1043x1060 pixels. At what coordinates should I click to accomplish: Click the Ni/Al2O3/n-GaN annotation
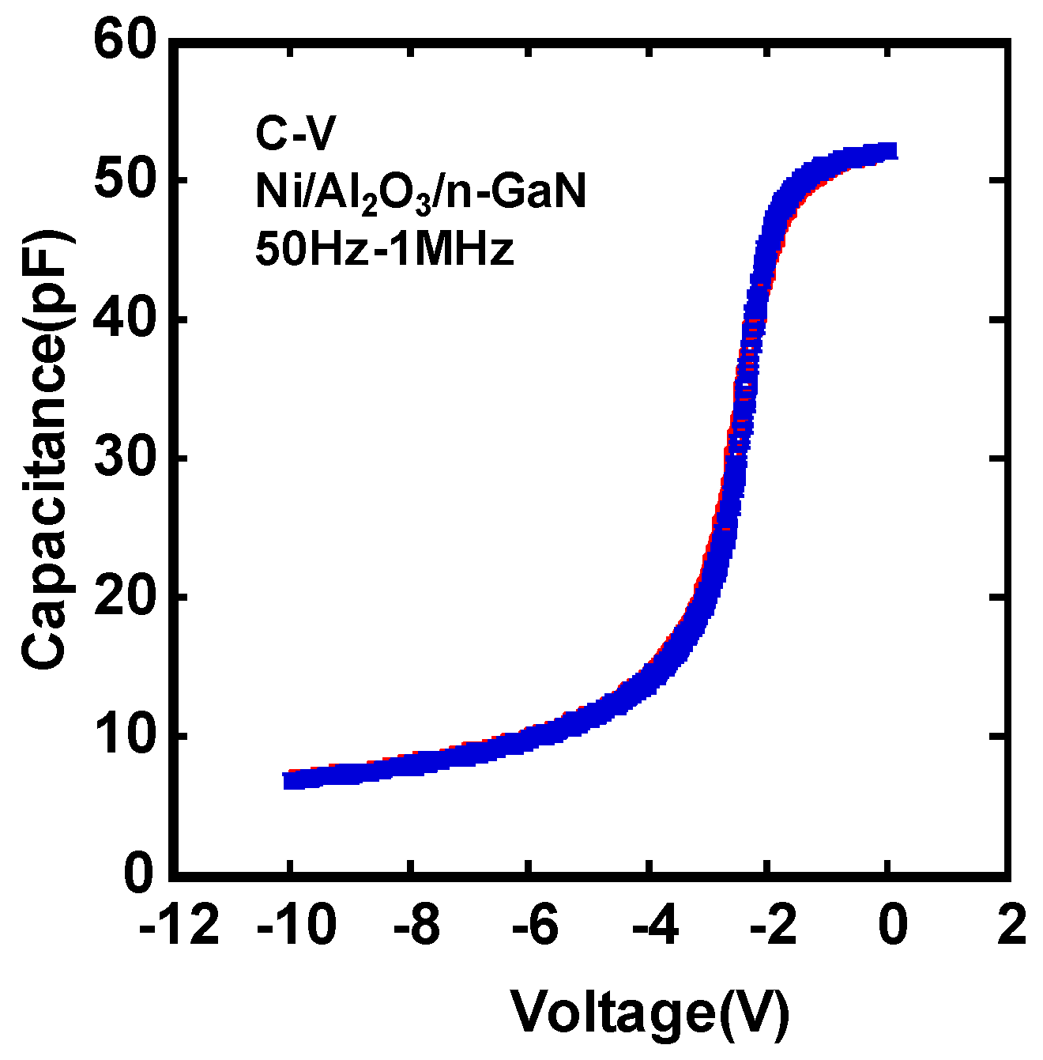[420, 193]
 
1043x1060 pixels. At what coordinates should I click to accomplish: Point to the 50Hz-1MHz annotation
[384, 250]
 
